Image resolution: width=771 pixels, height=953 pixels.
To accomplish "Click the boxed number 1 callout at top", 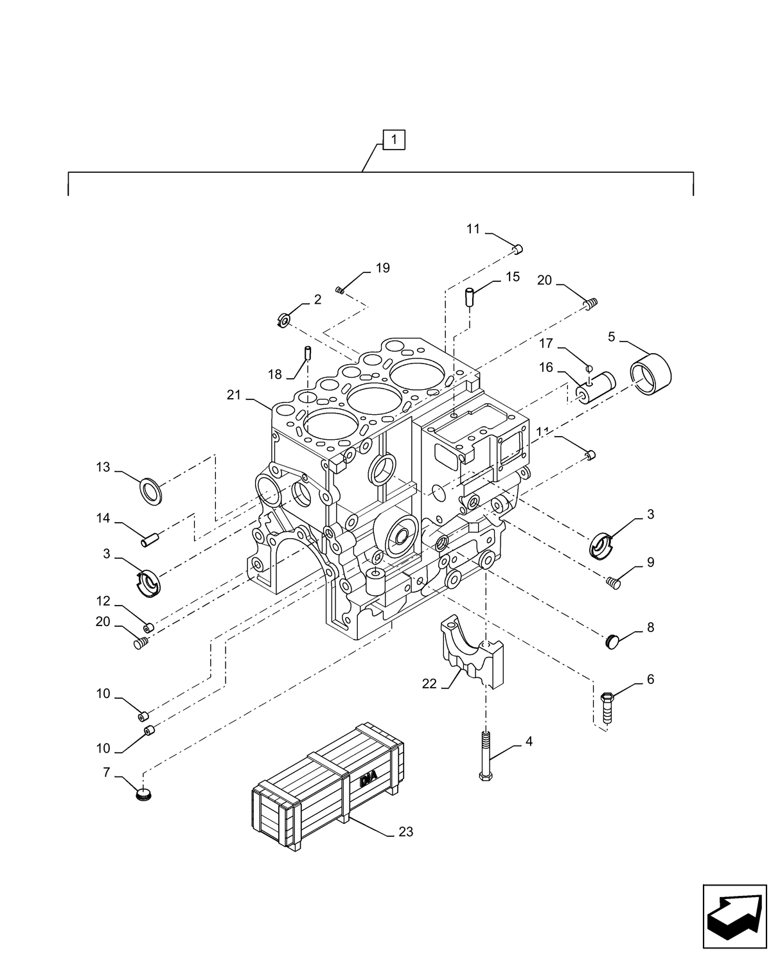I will point(394,139).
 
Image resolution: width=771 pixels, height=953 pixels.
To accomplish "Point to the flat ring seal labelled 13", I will point(152,491).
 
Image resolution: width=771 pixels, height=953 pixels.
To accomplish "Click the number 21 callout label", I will point(233,396).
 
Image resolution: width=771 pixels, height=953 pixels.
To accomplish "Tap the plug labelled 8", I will point(613,641).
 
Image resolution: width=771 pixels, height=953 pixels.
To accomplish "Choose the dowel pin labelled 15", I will point(470,297).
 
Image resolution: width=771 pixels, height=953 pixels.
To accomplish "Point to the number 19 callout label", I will point(382,268).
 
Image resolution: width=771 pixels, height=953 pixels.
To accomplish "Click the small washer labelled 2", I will point(283,319).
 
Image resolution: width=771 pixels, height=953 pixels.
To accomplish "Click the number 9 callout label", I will point(650,563).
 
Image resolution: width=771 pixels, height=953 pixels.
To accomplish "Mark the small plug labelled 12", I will point(148,627).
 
